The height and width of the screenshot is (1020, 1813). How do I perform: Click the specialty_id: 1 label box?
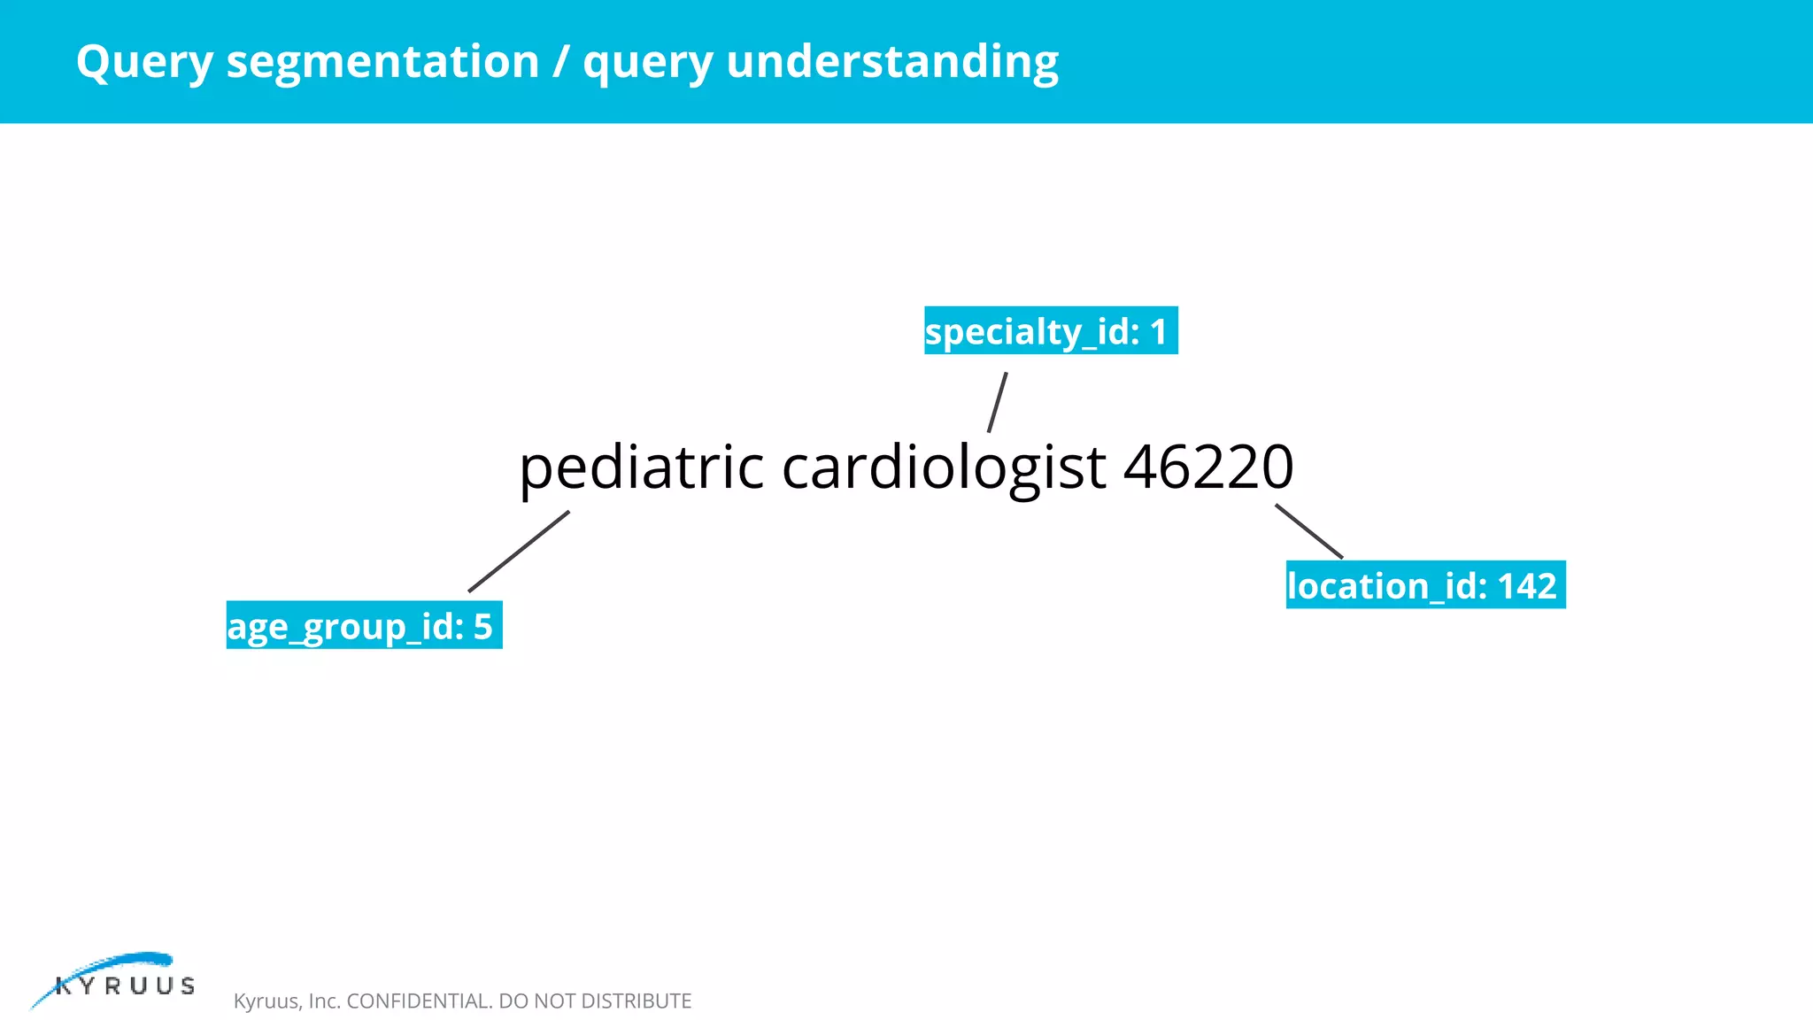pos(1051,331)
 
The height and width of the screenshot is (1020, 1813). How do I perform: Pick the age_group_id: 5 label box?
pos(364,625)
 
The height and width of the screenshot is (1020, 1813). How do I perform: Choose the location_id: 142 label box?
pos(1425,585)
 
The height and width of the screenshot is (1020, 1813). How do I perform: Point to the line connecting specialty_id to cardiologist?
pos(998,402)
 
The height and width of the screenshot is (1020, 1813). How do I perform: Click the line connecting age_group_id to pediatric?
pos(519,551)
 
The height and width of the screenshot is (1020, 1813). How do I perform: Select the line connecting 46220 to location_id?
pos(1309,531)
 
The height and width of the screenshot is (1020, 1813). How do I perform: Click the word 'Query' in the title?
pos(144,62)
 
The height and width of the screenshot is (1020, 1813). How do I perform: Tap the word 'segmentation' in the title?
pos(382,62)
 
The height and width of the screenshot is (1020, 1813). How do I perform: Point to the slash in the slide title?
pos(561,62)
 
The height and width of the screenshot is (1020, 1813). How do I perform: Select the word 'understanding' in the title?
pos(891,62)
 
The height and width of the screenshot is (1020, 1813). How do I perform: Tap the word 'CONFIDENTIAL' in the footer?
pos(419,1001)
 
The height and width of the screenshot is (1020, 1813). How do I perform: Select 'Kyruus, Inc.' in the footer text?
pos(287,1001)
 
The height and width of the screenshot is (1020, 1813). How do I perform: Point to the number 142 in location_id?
pos(1526,586)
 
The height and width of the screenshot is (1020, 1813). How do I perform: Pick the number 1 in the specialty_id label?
pos(1158,332)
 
